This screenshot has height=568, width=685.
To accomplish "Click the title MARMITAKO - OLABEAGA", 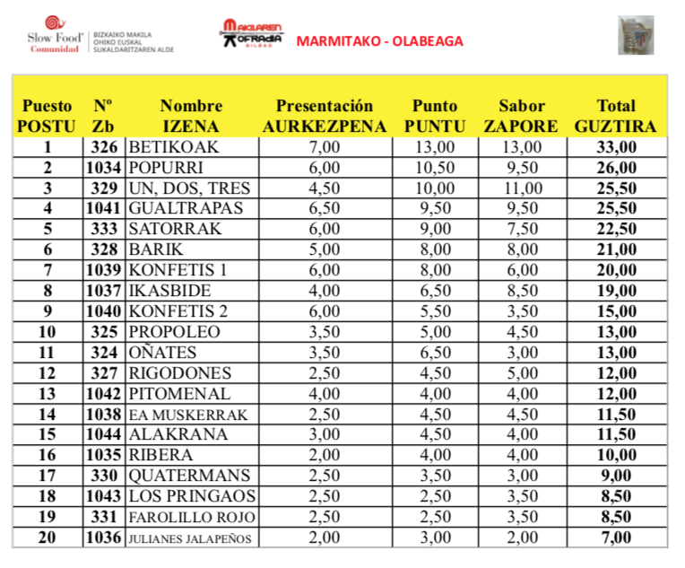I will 379,41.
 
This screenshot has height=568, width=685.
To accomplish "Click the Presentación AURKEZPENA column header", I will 324,116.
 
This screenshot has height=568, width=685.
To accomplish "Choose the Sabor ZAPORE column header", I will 520,116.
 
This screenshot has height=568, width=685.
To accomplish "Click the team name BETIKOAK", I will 174,147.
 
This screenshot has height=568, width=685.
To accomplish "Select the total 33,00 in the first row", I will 616,147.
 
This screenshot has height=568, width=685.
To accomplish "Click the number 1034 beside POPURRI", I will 106,168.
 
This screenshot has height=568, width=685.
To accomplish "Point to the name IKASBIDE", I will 170,291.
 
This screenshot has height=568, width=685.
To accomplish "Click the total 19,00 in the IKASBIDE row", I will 616,291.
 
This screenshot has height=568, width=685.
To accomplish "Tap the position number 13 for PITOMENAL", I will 48,394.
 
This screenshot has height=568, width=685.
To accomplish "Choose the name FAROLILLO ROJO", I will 192,518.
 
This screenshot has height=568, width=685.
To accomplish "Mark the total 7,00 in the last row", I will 616,537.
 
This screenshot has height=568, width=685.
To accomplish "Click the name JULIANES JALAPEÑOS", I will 193,538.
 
